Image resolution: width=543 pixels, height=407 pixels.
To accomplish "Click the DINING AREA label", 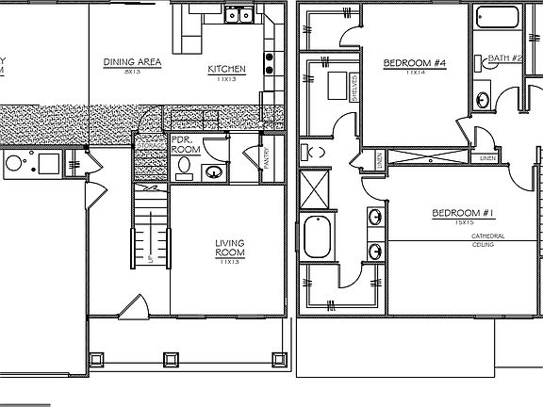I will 131,62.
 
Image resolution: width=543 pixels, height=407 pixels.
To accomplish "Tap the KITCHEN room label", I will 227,69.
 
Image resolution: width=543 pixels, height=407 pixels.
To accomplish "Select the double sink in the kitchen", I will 237,14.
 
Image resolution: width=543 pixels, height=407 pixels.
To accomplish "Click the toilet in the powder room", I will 184,168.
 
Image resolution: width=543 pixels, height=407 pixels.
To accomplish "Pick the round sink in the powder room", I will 213,171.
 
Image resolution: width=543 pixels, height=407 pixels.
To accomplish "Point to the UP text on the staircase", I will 149,257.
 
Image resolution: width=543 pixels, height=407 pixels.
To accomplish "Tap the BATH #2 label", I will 505,58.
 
